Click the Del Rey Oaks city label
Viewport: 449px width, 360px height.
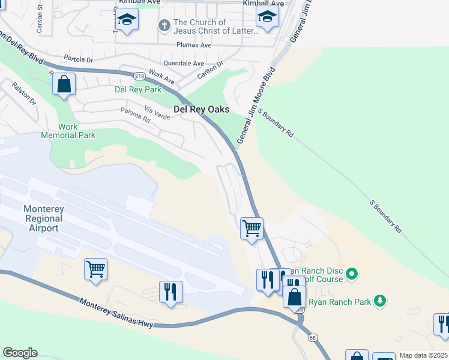(x=201, y=109)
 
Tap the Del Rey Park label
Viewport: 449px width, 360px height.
(x=138, y=89)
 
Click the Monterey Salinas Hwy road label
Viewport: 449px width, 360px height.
(x=117, y=313)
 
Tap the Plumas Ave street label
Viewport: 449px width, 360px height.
(x=194, y=45)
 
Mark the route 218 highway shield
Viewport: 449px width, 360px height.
(x=140, y=76)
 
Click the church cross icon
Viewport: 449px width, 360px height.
(x=164, y=26)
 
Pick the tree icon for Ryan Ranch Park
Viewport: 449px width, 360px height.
(x=379, y=300)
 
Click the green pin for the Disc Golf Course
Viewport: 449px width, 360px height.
(x=352, y=275)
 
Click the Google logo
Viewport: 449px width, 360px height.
(x=20, y=353)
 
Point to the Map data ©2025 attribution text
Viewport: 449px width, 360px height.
(x=423, y=355)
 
